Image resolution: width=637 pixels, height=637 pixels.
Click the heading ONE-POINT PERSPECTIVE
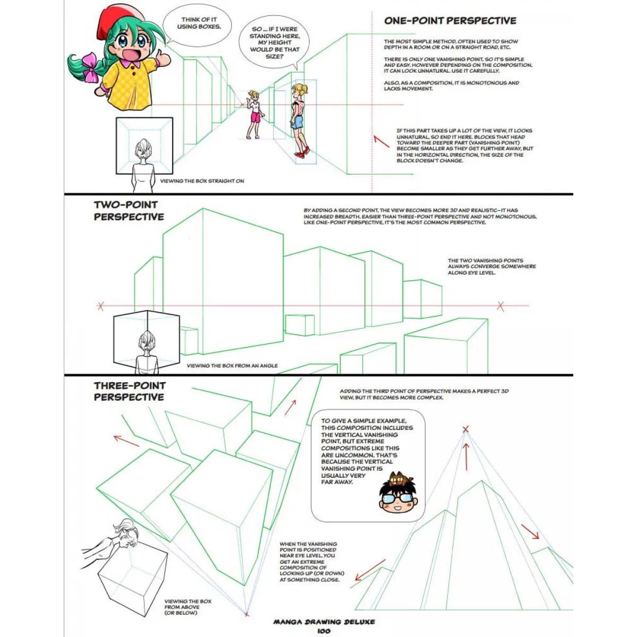click(450, 21)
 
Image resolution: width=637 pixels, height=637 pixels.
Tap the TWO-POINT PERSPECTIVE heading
click(129, 211)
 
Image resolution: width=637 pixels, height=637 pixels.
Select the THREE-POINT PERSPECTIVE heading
click(129, 391)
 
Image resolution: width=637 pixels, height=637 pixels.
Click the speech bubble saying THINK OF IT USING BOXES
click(199, 23)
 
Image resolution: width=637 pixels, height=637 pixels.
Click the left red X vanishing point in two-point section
click(100, 306)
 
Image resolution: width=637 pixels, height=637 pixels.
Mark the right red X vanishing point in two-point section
click(500, 306)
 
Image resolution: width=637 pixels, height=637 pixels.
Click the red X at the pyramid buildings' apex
click(466, 429)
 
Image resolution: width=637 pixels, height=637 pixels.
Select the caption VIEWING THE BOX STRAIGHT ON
click(202, 181)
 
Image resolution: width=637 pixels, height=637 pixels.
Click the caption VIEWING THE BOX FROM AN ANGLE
click(232, 366)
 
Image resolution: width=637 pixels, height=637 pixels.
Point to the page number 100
click(323, 631)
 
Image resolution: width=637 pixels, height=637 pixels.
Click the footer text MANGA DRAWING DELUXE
click(324, 622)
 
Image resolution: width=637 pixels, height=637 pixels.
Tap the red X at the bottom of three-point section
click(246, 614)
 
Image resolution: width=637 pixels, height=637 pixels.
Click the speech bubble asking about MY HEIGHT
click(275, 42)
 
